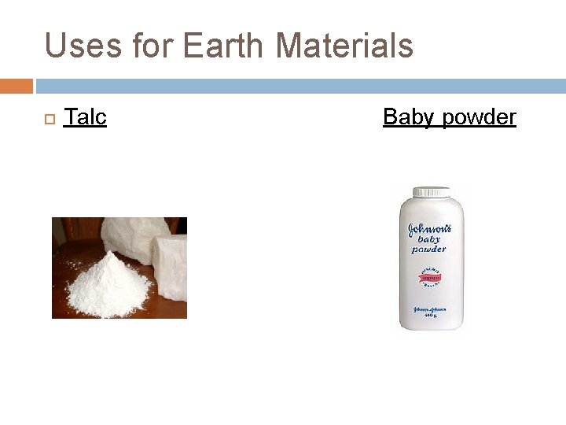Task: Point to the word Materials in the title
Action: coord(344,46)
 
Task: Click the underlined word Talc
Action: coord(85,117)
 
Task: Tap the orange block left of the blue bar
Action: coord(16,86)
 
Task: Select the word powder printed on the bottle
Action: coord(427,249)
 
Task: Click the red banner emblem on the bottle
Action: coord(429,277)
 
